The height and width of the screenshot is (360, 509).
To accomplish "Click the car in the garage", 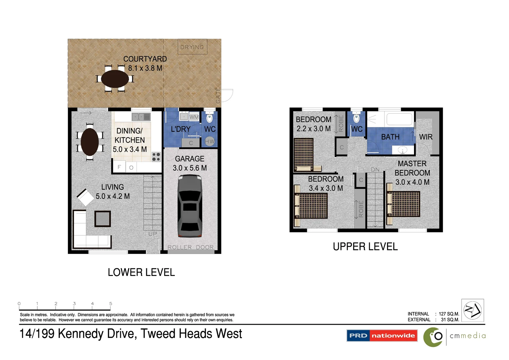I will pyautogui.click(x=190, y=207).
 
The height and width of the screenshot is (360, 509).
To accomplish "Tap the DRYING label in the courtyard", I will pyautogui.click(x=192, y=47).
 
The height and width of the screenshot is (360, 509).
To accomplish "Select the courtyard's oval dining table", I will pyautogui.click(x=115, y=79).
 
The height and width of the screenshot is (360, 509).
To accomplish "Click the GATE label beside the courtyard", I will pyautogui.click(x=218, y=95).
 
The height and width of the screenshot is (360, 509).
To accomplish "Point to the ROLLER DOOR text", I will pyautogui.click(x=191, y=247).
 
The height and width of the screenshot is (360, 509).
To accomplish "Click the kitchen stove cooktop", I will pyautogui.click(x=156, y=157).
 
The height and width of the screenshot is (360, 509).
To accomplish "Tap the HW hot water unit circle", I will pyautogui.click(x=210, y=141).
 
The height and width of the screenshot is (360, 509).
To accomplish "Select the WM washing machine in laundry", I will pyautogui.click(x=194, y=117).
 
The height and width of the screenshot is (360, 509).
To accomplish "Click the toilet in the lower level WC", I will pyautogui.click(x=209, y=118).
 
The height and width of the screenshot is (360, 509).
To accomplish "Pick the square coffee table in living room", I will pyautogui.click(x=103, y=219).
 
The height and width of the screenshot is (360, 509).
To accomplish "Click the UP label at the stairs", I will pyautogui.click(x=153, y=234).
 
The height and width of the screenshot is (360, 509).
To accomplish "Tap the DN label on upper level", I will pyautogui.click(x=375, y=170).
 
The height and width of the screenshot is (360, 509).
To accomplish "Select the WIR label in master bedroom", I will pyautogui.click(x=426, y=137).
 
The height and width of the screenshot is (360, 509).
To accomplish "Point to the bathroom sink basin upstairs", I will pyautogui.click(x=403, y=150).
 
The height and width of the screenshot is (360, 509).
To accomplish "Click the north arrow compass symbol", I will pyautogui.click(x=473, y=310).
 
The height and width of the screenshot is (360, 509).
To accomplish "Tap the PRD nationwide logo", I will pyautogui.click(x=382, y=336).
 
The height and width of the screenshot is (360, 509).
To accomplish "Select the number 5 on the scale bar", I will pyautogui.click(x=111, y=304).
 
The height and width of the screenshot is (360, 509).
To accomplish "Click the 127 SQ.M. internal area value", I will pyautogui.click(x=449, y=314).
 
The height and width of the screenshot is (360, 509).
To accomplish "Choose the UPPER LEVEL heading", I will pyautogui.click(x=365, y=247).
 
